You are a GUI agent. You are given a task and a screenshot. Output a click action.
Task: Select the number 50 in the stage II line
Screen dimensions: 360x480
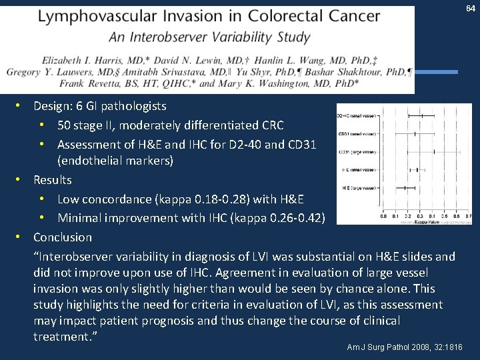tap(65, 125)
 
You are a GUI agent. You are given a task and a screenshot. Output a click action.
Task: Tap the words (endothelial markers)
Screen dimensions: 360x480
tap(115, 161)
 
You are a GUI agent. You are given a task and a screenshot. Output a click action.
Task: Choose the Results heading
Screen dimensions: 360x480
tap(53, 180)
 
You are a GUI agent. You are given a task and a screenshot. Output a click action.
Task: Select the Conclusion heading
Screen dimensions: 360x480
tap(63, 237)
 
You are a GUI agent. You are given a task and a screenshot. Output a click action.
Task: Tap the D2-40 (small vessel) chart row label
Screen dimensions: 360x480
tap(356, 115)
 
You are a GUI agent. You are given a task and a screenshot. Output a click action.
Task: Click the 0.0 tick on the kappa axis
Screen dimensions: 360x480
tap(383, 216)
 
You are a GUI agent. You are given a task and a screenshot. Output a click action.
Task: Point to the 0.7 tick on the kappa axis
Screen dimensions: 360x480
tap(468, 216)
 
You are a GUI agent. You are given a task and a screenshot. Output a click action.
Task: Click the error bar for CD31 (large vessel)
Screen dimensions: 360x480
tap(434, 152)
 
